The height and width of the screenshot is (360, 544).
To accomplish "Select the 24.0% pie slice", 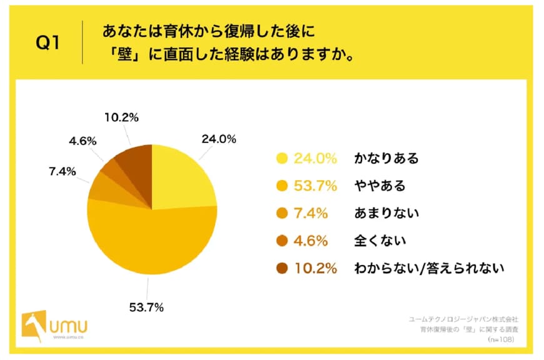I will click(181, 178).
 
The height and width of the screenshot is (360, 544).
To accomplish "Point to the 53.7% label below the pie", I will click(148, 307).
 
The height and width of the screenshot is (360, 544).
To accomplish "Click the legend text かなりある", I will click(386, 158).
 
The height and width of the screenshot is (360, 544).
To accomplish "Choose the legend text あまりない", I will click(386, 213).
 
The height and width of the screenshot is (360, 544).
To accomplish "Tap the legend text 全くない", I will click(380, 241).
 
